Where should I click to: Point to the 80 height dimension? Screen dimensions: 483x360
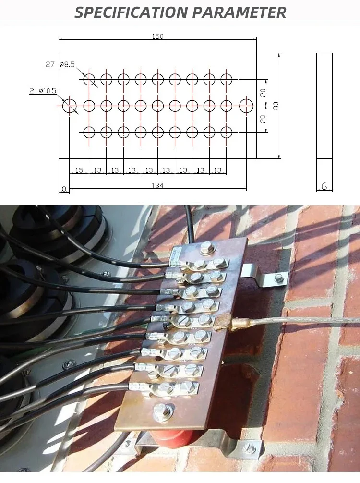276,106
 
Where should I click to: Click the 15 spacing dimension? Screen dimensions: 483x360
79,170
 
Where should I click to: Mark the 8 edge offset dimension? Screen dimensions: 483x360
63,189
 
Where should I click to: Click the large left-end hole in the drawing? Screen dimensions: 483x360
70,105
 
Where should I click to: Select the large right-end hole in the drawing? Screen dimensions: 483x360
246,105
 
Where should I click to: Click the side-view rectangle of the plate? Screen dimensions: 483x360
324,106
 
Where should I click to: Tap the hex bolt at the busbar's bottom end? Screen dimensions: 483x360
163,411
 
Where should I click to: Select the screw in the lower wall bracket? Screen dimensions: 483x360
249,448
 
